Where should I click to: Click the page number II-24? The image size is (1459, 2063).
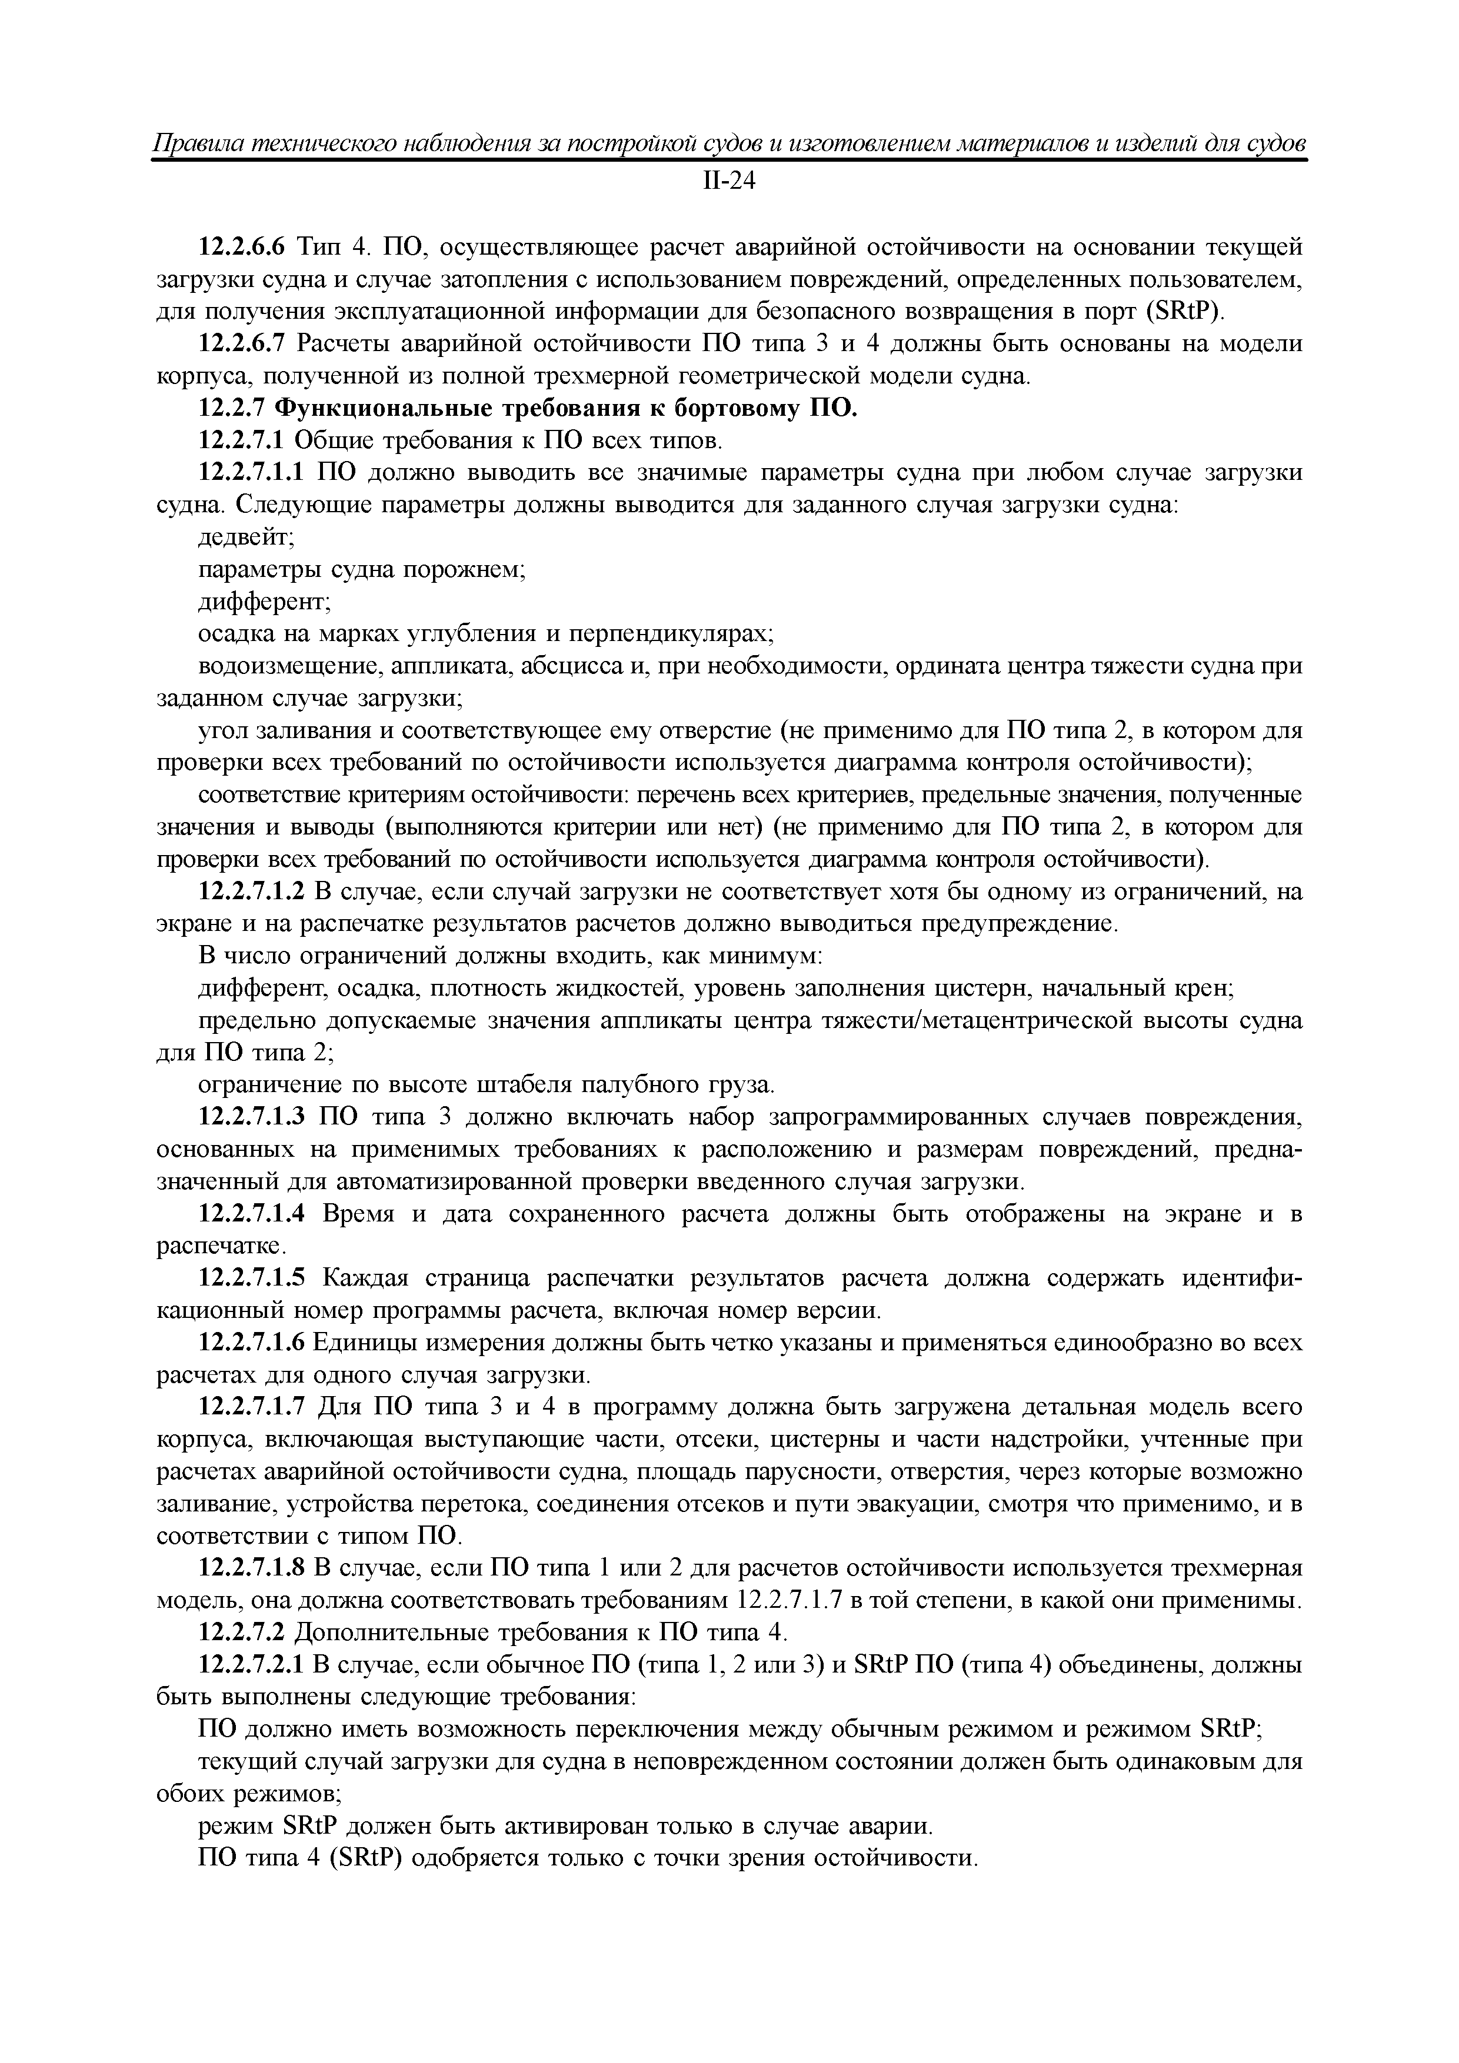click(x=728, y=182)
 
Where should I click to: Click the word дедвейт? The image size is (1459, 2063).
click(x=244, y=538)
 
